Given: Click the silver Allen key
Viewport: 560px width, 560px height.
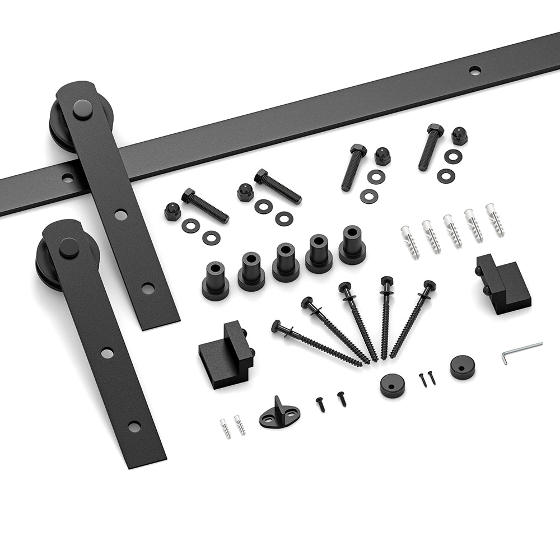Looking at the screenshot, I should (521, 351).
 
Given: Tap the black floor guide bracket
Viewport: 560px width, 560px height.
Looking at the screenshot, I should (279, 413).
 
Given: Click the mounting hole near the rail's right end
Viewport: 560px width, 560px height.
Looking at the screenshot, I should (475, 71).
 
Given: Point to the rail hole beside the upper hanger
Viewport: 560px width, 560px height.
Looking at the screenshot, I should (68, 178).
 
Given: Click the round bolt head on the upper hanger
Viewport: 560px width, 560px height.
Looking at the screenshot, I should (83, 109).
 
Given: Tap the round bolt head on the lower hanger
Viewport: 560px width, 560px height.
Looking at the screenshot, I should (69, 248).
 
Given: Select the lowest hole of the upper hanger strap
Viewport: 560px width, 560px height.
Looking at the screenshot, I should (148, 288).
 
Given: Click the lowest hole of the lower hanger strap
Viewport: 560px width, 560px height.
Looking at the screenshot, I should (134, 427).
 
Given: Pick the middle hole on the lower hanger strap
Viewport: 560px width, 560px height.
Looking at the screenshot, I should (107, 353).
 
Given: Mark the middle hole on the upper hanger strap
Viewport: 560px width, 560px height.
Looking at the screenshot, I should (121, 214).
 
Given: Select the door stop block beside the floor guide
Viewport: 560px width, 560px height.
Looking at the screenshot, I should (226, 354).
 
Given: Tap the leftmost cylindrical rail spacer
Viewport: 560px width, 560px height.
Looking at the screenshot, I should (215, 281).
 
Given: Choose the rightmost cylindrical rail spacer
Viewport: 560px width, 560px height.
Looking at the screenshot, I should (352, 246).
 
